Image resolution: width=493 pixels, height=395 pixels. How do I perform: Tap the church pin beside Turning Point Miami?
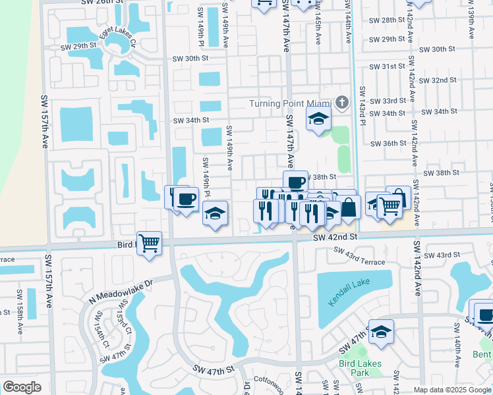coord(341,103)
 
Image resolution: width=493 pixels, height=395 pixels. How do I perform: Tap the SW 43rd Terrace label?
coord(359,256)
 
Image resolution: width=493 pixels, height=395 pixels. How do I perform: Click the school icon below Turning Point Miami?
coord(318,119)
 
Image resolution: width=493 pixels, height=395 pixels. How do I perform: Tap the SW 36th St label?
coord(388,143)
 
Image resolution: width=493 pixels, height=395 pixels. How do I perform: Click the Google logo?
coord(22,386)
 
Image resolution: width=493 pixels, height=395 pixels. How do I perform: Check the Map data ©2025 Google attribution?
coord(452,390)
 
